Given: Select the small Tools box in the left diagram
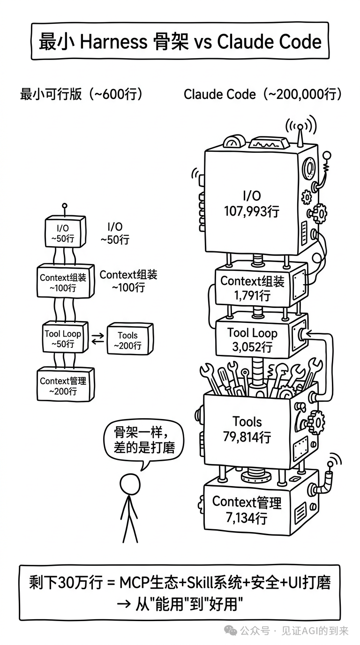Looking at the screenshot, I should [x=127, y=339].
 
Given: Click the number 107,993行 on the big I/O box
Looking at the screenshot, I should [x=252, y=211].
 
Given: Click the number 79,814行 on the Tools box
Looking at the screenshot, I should [x=247, y=437].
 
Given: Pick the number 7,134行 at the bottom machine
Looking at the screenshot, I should [x=247, y=518].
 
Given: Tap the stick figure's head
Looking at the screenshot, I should [x=129, y=483].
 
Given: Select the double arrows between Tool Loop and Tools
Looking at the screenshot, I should [x=97, y=338].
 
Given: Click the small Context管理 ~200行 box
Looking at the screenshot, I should [x=65, y=385].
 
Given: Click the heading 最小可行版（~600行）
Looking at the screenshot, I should [x=81, y=94].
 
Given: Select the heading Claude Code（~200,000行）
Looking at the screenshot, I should [x=262, y=94].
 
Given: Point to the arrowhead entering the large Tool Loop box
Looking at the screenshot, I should [x=310, y=334].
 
